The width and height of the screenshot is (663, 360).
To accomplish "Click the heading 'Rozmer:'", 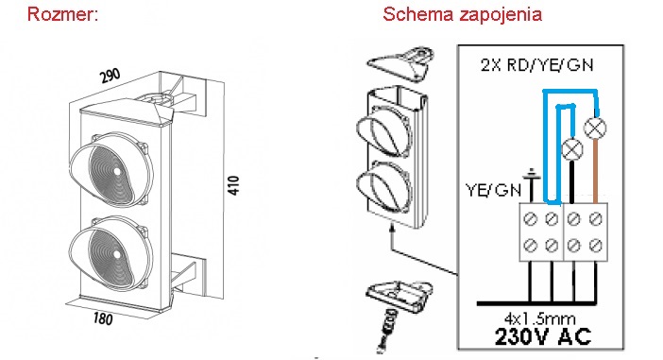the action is (x=62, y=14).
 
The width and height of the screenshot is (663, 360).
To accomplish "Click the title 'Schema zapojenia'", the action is (x=462, y=14).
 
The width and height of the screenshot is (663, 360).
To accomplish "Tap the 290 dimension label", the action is (x=110, y=76).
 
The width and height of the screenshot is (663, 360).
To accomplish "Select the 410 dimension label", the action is (x=233, y=185).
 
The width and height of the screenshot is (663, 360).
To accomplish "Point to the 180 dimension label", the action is (x=103, y=317).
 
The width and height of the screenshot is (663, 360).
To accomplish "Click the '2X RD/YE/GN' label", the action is (x=537, y=64).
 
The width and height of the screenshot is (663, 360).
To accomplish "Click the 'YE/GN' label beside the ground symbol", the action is (x=493, y=190).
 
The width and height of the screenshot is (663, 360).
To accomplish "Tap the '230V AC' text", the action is (x=543, y=336).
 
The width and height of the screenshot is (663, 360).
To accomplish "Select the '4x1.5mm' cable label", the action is (x=540, y=318).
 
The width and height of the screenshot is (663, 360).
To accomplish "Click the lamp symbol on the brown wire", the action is (x=595, y=128).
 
